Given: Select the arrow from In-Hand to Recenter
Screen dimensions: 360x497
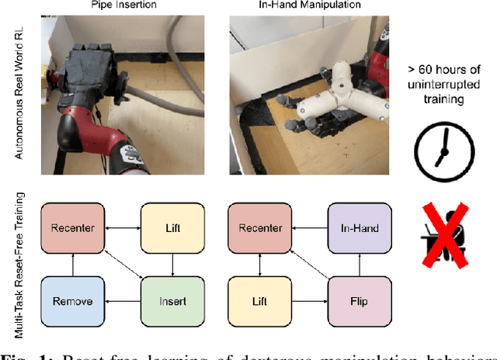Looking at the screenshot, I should [308, 227].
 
